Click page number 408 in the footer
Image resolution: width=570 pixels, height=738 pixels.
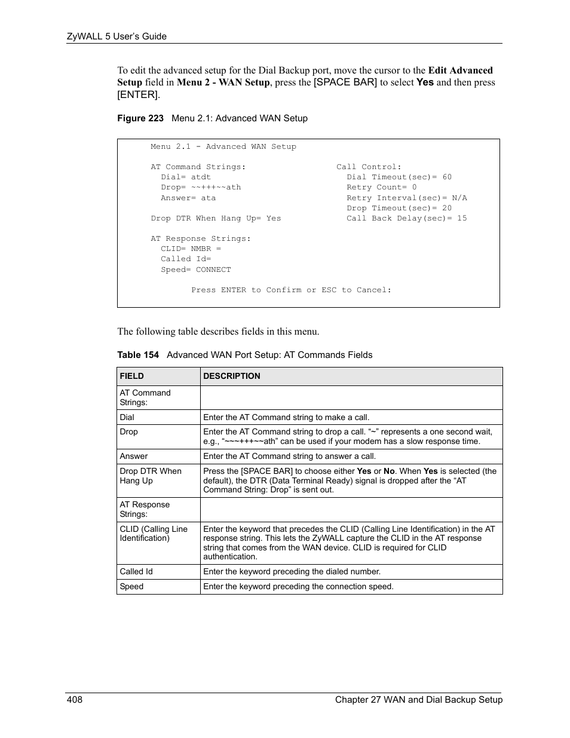point(75,700)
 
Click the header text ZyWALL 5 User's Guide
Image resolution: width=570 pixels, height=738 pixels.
point(117,36)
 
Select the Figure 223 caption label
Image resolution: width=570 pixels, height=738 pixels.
point(140,118)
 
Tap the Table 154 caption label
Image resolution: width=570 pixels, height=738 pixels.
point(138,355)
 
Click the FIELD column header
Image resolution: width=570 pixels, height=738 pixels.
point(132,376)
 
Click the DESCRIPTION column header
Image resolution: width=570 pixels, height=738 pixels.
point(232,376)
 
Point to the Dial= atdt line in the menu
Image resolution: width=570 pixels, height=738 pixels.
point(186,177)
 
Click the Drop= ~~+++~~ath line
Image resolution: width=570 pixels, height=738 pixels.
point(201,188)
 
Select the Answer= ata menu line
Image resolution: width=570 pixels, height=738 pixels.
point(188,198)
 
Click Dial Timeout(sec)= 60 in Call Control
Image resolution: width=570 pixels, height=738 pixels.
point(399,177)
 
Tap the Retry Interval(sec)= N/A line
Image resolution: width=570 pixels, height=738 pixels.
point(407,198)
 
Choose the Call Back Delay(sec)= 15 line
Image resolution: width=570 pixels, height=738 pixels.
point(407,219)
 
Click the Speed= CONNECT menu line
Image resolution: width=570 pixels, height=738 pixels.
point(196,270)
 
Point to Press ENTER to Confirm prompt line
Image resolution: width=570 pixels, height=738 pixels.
point(292,290)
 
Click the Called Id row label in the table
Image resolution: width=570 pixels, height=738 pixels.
point(136,572)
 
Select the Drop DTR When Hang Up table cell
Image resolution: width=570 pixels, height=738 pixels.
point(151,476)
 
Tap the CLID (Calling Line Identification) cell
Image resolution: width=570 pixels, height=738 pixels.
point(154,534)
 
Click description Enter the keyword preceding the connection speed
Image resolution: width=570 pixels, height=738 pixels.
point(298,587)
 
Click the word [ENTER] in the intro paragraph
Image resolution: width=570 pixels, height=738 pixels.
point(138,95)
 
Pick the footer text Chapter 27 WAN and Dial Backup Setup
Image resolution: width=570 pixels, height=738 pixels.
point(419,700)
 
